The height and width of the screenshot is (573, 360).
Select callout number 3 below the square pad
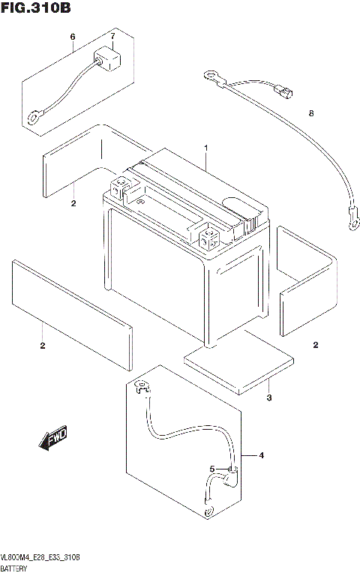tap(268, 398)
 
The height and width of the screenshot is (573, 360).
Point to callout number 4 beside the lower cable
tap(262, 456)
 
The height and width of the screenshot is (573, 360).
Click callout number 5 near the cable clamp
tap(212, 469)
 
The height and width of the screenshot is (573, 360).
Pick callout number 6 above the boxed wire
tap(73, 37)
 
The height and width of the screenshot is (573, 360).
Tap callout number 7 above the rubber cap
tap(112, 37)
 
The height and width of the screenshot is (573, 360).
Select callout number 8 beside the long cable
tap(310, 113)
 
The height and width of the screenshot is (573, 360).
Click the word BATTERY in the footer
tap(16, 568)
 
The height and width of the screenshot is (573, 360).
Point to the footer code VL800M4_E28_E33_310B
tap(41, 559)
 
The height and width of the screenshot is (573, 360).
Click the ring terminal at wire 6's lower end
tap(34, 117)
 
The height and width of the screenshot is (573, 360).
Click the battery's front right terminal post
tap(208, 237)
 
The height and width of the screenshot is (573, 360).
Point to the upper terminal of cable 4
tap(141, 388)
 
